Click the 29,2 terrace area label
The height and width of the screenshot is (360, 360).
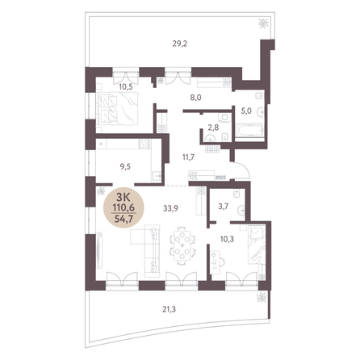coord(180,44)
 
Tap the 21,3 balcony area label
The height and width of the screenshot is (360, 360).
coord(169,310)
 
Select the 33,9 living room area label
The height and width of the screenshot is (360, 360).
coord(170,208)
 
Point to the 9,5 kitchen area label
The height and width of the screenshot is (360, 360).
coord(125,167)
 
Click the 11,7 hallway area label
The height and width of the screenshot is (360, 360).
coord(188,157)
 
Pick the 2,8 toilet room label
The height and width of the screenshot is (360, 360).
coord(214,128)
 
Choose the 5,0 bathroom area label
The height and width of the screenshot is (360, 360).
coord(246,111)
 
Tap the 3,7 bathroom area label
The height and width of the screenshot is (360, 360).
coord(224,207)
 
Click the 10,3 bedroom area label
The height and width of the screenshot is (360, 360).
coord(227,239)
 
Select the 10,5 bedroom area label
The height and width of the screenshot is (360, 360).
coord(126,87)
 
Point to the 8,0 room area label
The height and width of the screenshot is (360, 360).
coord(196,98)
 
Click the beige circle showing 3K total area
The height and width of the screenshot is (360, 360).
coord(124,207)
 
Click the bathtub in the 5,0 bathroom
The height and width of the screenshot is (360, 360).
coord(249,131)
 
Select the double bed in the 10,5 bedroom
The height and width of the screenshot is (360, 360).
coord(118,108)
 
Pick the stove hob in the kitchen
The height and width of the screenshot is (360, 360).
coord(144,144)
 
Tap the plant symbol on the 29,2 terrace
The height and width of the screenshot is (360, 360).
coord(263,23)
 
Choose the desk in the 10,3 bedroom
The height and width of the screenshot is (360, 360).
coord(216,262)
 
